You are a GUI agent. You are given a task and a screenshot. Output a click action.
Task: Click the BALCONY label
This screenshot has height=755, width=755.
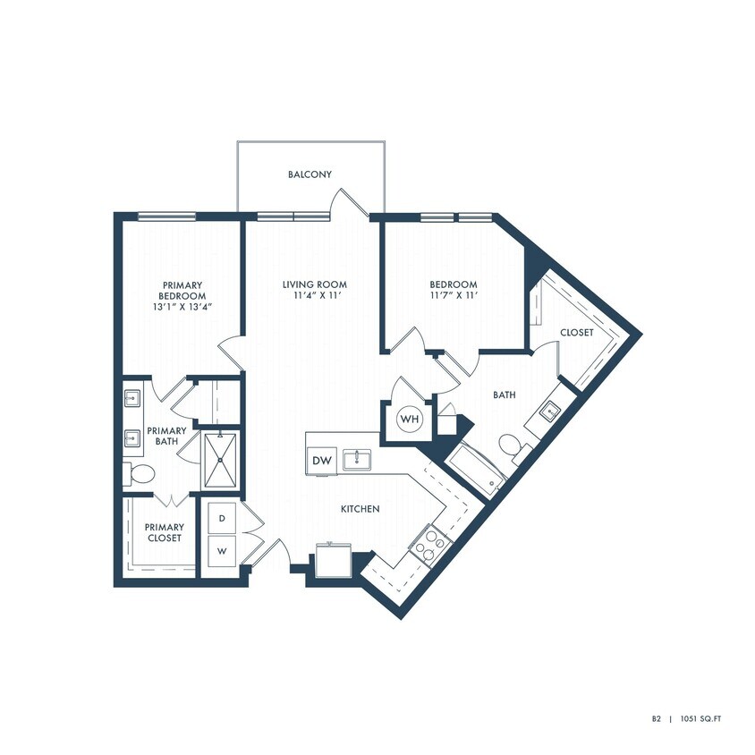click(x=310, y=174)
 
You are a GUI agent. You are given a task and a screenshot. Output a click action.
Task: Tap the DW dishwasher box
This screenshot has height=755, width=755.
click(x=321, y=461)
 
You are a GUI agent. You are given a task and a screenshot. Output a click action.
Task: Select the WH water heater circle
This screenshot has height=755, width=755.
click(x=409, y=419)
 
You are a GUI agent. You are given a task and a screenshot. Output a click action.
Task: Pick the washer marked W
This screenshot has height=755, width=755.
click(x=221, y=551)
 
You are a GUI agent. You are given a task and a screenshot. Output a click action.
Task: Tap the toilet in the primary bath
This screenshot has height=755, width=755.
click(x=138, y=473)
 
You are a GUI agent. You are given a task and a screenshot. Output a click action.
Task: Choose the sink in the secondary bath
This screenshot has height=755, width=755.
click(x=549, y=411)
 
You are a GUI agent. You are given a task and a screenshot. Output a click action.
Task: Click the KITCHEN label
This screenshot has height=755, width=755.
click(x=361, y=509)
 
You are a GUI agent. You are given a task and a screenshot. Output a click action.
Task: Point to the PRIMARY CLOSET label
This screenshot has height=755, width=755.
click(x=165, y=533)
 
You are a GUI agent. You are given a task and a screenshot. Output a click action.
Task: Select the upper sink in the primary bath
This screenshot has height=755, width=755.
click(x=131, y=398)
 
